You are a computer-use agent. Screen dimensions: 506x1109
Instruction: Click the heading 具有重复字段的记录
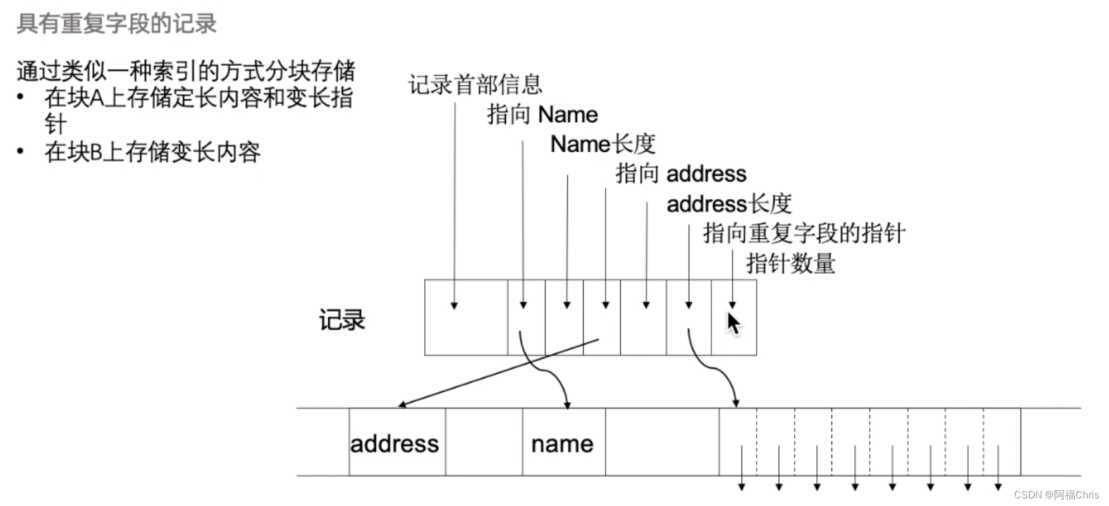(116, 23)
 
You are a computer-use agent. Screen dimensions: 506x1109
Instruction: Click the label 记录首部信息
(475, 85)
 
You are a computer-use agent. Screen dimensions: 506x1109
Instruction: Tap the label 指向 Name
(542, 114)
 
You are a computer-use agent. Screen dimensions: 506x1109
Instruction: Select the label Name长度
(602, 144)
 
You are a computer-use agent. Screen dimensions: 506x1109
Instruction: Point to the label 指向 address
(681, 174)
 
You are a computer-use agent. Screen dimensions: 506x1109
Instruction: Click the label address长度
(728, 204)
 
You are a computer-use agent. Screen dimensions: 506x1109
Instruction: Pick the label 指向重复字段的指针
(804, 233)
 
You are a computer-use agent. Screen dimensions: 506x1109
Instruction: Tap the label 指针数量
(790, 263)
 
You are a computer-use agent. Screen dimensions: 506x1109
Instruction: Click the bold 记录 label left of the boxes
(341, 320)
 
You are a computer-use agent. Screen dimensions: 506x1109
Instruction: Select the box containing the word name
(563, 443)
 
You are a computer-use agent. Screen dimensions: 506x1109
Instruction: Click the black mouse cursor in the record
(733, 323)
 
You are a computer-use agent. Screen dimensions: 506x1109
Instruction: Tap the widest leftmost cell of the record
(466, 318)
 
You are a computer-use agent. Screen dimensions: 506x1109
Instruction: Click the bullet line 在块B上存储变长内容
(152, 152)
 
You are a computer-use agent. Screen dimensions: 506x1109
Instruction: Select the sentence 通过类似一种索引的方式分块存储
(186, 71)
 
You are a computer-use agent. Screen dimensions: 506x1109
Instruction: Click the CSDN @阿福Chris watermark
(1056, 495)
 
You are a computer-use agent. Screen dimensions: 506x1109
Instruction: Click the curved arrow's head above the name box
(567, 405)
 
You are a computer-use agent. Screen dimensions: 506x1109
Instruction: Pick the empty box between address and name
(484, 443)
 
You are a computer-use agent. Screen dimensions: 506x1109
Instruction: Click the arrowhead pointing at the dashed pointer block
(736, 403)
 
